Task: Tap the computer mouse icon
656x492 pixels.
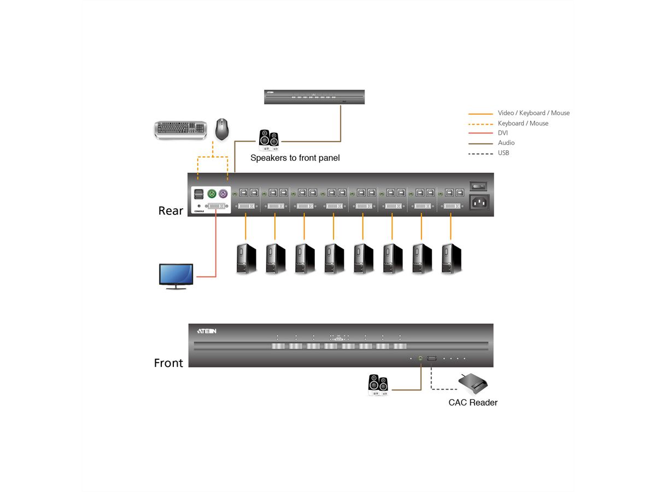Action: pos(221,129)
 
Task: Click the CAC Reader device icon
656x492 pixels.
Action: pos(472,384)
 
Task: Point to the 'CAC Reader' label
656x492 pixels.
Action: pos(473,403)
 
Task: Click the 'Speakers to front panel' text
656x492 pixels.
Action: pos(295,158)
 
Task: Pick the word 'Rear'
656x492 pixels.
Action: pos(171,211)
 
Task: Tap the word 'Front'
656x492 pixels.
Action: pos(168,363)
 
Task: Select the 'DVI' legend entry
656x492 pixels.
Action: pos(503,133)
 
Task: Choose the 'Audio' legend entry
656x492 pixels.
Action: pos(506,143)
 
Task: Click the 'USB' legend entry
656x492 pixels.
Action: pos(503,153)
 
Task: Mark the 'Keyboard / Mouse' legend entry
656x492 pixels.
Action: pos(523,124)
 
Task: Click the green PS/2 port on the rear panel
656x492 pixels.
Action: pos(212,194)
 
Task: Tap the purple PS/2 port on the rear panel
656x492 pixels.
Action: pos(223,194)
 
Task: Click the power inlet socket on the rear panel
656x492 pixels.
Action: pos(479,203)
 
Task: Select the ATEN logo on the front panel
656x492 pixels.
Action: pos(207,331)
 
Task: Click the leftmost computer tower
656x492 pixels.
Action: pos(246,259)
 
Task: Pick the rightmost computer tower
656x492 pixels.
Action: pos(452,259)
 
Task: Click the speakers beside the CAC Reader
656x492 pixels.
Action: pos(378,384)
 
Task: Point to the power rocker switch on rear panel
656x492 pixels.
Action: pos(479,185)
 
